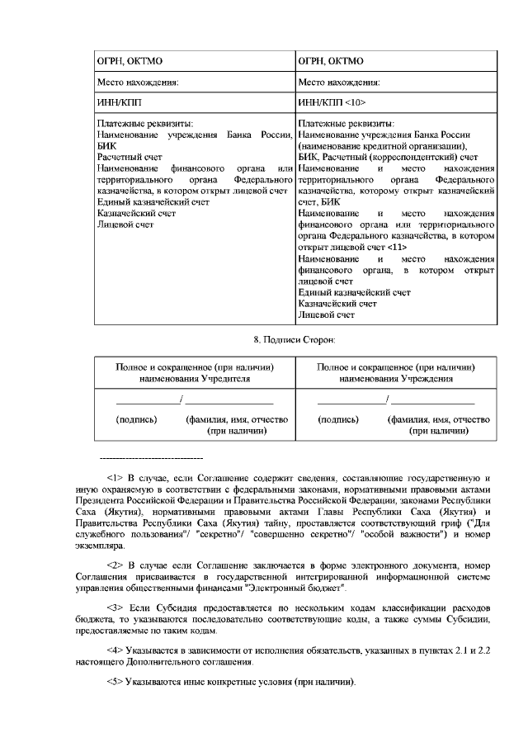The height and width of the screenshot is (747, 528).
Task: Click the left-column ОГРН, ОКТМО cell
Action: coord(124,60)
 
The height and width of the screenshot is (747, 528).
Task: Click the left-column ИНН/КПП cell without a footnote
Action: coord(119,102)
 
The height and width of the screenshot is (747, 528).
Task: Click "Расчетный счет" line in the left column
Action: coord(124,156)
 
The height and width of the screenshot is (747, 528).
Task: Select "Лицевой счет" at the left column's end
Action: coord(120,224)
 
